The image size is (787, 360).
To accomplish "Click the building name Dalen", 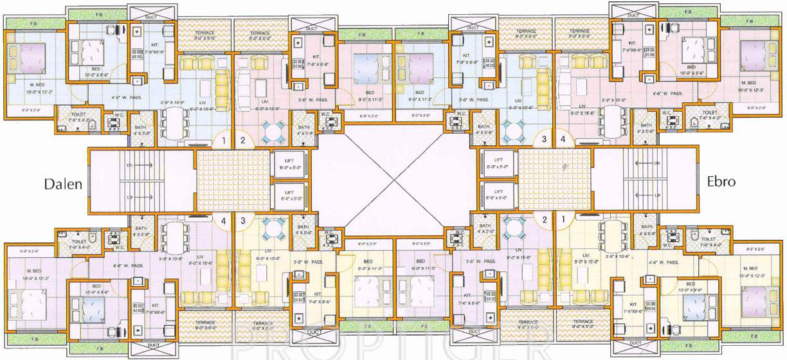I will pyautogui.click(x=63, y=184).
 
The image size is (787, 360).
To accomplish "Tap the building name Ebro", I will pyautogui.click(x=721, y=182).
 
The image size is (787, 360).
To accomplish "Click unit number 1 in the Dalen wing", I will pyautogui.click(x=223, y=139).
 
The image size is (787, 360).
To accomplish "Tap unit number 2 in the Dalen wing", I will pyautogui.click(x=242, y=139).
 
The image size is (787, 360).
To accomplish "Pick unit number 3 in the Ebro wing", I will pyautogui.click(x=544, y=139).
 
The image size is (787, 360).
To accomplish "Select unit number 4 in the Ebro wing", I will pyautogui.click(x=563, y=139).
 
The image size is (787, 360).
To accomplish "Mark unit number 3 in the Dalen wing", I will pyautogui.click(x=242, y=221).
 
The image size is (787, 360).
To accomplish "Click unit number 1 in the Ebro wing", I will pyautogui.click(x=564, y=219).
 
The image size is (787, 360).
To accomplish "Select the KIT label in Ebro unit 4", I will pyautogui.click(x=632, y=43).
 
